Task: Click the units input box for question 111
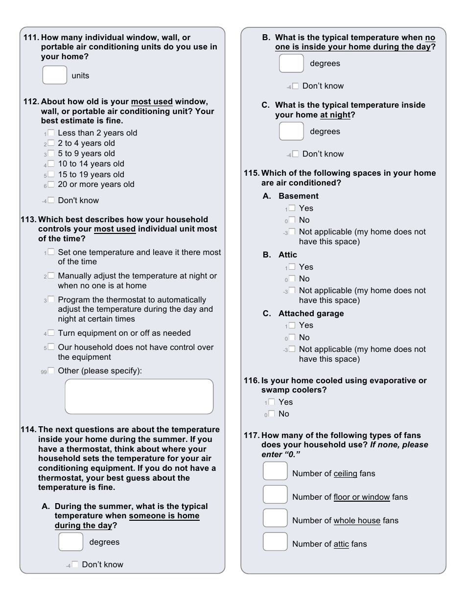point(55,75)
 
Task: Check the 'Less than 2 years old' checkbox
point(51,133)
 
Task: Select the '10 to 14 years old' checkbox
point(51,164)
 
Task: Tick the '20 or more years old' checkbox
point(51,185)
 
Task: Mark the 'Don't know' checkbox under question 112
point(51,200)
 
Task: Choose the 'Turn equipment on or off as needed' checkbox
point(51,333)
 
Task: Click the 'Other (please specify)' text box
point(139,396)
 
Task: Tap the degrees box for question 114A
point(71,542)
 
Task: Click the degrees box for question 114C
point(291,131)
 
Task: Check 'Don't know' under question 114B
point(295,86)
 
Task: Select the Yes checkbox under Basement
point(292,208)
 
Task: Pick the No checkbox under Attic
point(292,279)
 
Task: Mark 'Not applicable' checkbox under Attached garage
point(292,349)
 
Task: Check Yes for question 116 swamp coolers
point(271,402)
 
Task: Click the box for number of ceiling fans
point(275,471)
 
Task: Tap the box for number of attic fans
point(275,541)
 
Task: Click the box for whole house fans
point(275,518)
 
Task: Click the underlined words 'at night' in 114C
point(335,115)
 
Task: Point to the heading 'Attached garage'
point(311,314)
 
